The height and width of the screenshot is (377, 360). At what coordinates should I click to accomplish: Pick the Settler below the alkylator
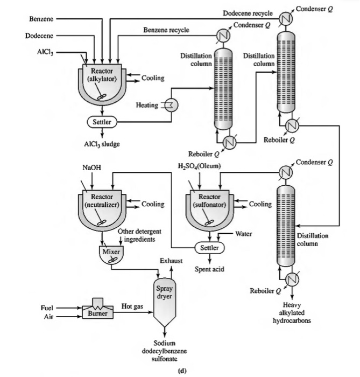pos(102,122)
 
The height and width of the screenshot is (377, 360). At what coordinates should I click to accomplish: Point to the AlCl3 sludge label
pos(102,144)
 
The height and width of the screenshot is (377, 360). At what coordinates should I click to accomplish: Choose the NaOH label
pos(92,167)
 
